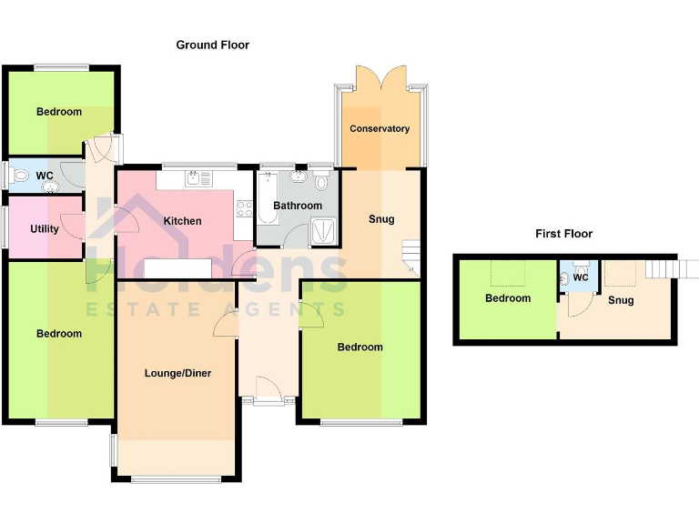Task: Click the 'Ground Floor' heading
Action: pos(212,45)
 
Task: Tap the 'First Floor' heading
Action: pos(563,234)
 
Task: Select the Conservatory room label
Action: pos(380,128)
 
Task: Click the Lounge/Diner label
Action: pos(177,373)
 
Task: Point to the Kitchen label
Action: pos(182,221)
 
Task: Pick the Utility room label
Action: pos(44,228)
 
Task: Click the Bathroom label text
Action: pos(298,206)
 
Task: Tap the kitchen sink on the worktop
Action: pos(193,177)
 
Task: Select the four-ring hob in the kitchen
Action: pos(244,208)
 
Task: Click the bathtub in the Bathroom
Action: pos(267,198)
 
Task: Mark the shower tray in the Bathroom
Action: pos(323,234)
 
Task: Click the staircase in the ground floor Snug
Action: pos(411,257)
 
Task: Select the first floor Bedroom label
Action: pos(507,298)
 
